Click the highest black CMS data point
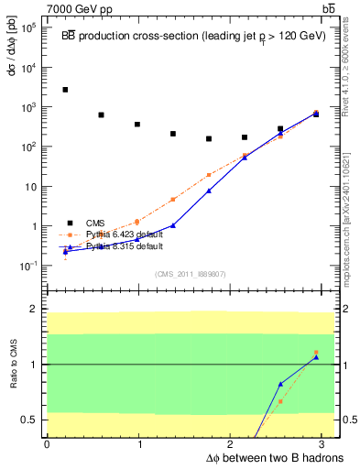(65, 90)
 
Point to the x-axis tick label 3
(324, 444)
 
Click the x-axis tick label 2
(232, 444)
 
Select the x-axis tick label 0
(47, 444)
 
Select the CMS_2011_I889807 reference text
(191, 274)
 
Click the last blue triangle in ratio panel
(316, 357)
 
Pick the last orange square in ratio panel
(316, 353)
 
